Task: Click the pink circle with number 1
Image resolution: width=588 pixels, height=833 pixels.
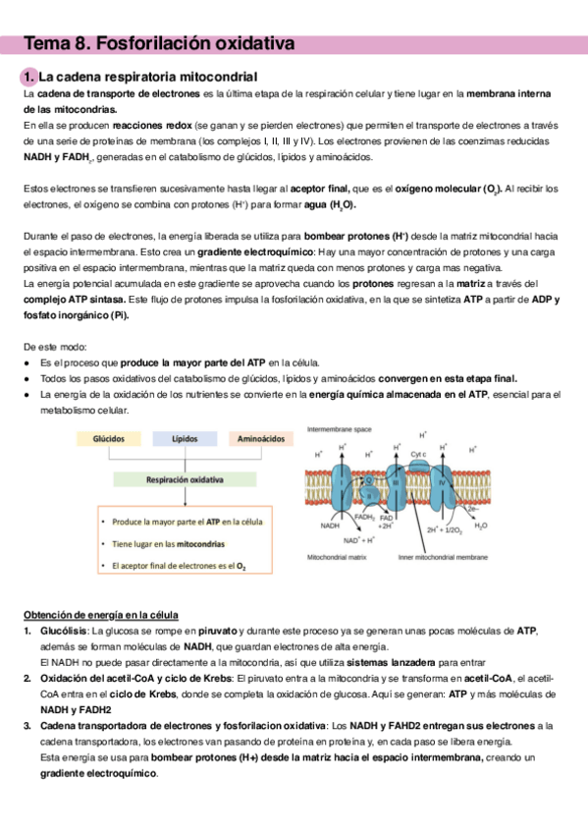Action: [x=28, y=77]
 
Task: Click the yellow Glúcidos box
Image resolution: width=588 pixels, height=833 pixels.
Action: [x=109, y=439]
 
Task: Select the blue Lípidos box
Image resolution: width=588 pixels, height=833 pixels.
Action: [x=185, y=439]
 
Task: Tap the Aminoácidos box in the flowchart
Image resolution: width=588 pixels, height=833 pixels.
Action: [x=260, y=439]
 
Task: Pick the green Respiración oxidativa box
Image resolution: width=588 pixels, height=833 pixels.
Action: [x=185, y=479]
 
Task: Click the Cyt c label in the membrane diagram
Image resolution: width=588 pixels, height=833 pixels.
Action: [x=418, y=454]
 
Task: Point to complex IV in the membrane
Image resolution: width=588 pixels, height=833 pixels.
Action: [x=441, y=483]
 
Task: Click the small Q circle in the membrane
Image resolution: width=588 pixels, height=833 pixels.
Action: [x=369, y=479]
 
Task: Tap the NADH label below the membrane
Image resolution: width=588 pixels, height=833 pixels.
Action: [x=330, y=526]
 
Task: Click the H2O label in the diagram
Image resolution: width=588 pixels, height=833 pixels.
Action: [x=481, y=526]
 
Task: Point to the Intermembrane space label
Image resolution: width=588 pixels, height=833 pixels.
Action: [x=339, y=429]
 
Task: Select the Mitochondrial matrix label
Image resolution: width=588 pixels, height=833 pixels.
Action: [x=337, y=557]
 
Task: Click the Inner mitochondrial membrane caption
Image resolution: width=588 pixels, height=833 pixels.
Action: [x=443, y=557]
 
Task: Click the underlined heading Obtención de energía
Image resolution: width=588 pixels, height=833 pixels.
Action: [x=101, y=615]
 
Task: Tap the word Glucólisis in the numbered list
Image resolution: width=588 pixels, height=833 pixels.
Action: [x=64, y=631]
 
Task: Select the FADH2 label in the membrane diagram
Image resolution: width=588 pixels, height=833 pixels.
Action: [x=364, y=517]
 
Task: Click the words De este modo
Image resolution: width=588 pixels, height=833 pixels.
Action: [x=55, y=347]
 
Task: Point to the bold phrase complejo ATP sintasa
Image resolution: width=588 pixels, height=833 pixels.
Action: [x=75, y=300]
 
